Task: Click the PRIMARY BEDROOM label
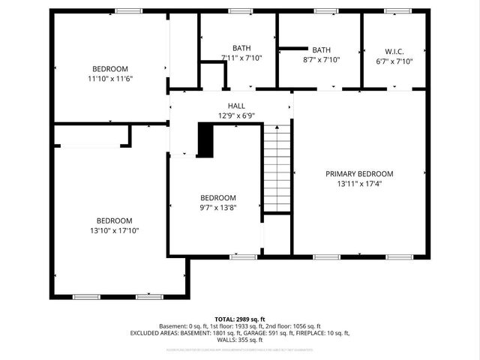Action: [x=359, y=173]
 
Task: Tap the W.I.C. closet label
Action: [x=394, y=51]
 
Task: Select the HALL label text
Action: [x=236, y=106]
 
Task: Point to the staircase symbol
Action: [x=276, y=168]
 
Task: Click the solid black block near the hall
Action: [x=205, y=140]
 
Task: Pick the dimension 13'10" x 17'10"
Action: [x=114, y=231]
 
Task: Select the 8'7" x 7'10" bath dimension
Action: [x=321, y=59]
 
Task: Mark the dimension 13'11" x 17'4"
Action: [x=359, y=183]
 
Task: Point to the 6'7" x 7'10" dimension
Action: [x=394, y=61]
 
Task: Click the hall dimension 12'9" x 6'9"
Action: [x=236, y=116]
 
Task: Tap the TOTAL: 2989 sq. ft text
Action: [x=240, y=319]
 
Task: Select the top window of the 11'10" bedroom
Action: [x=128, y=11]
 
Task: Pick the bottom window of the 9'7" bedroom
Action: [x=243, y=257]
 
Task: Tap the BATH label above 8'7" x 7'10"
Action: [x=321, y=49]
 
